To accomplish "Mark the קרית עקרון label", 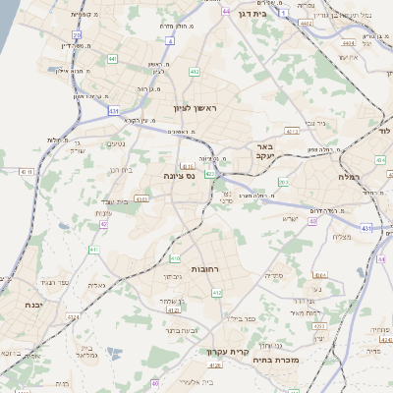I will [224, 351].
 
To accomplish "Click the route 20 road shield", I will [76, 34].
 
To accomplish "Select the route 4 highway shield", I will [170, 41].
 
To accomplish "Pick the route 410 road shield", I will [174, 259].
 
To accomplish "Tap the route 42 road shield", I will [103, 224].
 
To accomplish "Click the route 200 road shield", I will [283, 182].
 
